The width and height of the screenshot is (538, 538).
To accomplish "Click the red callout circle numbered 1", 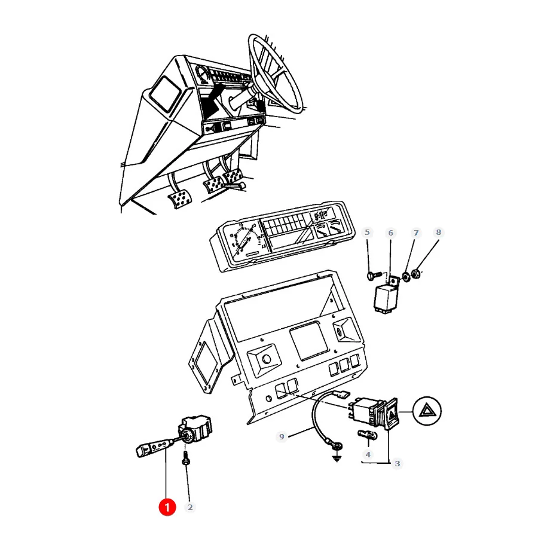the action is coord(167,507).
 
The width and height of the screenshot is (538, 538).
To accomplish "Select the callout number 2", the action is coord(190,507).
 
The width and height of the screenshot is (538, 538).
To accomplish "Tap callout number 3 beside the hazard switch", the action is coord(398,463).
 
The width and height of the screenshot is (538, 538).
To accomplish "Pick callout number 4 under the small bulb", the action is coord(368,455).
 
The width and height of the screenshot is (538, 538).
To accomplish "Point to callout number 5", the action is coord(367,233).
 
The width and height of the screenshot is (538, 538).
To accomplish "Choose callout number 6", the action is coord(390,233).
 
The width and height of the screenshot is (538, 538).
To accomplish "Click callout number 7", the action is coord(416,233).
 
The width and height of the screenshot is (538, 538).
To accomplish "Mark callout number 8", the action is coord(439,233).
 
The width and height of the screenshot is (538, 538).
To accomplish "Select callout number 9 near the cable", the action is coord(282,436).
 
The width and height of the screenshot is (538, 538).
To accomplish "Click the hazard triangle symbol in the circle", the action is coord(427,411).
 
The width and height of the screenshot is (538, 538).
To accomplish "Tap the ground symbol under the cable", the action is coord(337,458).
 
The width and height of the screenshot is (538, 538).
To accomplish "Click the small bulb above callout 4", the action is coord(368,435).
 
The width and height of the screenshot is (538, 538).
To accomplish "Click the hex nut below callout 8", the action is coord(415,274).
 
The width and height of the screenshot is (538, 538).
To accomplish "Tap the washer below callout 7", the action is coord(406,276).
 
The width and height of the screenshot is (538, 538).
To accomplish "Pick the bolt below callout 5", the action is coord(374,275).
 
